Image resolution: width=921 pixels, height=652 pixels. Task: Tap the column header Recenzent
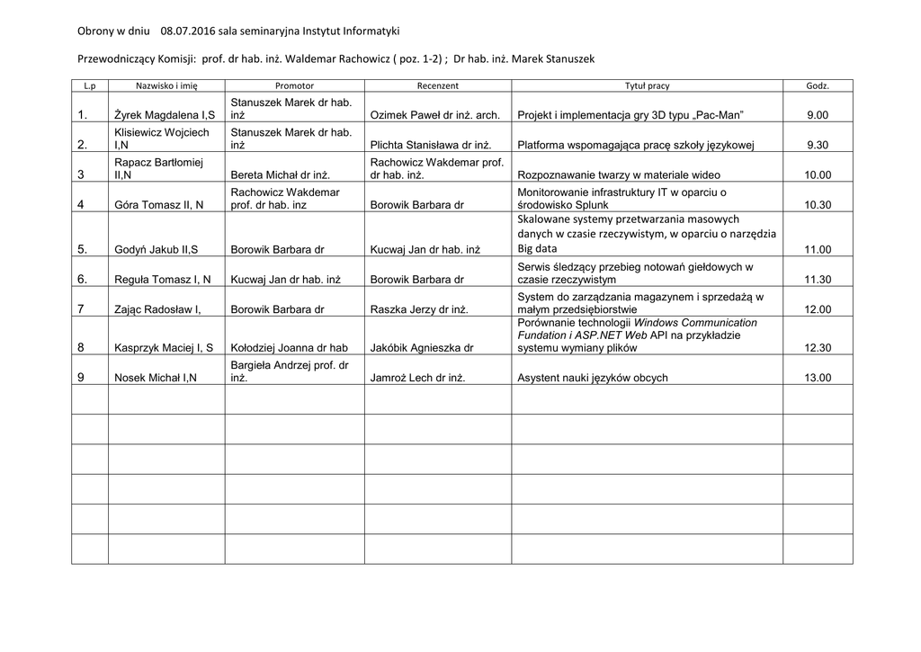pyautogui.click(x=438, y=85)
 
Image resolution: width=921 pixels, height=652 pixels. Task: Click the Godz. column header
pyautogui.click(x=818, y=85)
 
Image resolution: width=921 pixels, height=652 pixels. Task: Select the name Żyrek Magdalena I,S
pyautogui.click(x=164, y=115)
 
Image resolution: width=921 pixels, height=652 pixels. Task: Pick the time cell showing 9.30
pyautogui.click(x=818, y=145)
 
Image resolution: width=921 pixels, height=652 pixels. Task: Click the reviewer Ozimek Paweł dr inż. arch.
pyautogui.click(x=434, y=115)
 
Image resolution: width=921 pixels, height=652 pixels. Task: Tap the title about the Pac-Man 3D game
pyautogui.click(x=631, y=115)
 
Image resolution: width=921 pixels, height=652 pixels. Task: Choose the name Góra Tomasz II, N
pyautogui.click(x=158, y=205)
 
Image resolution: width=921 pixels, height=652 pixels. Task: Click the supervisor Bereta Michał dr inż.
pyautogui.click(x=281, y=175)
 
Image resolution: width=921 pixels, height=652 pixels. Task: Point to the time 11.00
pyautogui.click(x=818, y=250)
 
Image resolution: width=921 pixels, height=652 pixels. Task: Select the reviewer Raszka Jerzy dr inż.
pyautogui.click(x=419, y=309)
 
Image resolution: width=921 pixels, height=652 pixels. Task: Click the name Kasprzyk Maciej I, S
pyautogui.click(x=164, y=347)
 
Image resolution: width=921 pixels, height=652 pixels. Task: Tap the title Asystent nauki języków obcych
pyautogui.click(x=593, y=378)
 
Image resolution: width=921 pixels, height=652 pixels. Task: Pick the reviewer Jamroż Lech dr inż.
pyautogui.click(x=417, y=378)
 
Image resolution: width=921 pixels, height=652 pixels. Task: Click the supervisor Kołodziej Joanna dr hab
pyautogui.click(x=290, y=347)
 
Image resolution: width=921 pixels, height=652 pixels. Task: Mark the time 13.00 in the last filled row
pyautogui.click(x=818, y=378)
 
